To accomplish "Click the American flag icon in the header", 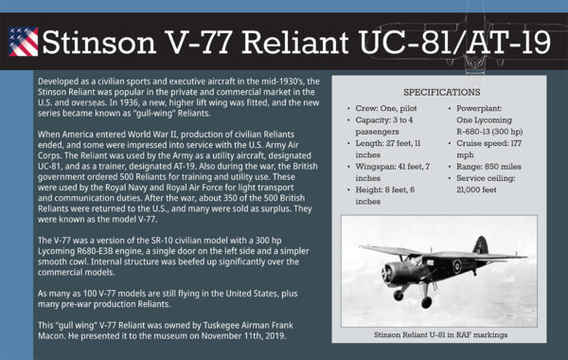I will point(23,40).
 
